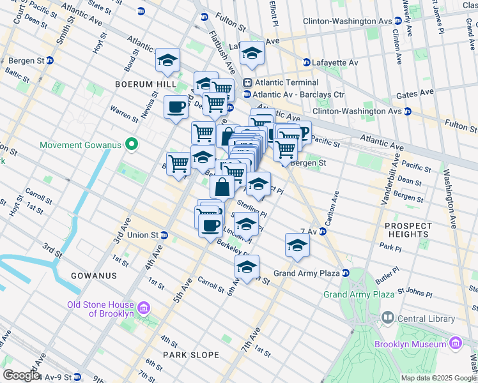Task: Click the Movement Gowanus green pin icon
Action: [132, 145]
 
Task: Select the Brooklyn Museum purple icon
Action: [456, 344]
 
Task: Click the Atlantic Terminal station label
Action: [286, 82]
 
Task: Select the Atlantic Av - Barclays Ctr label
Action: [298, 94]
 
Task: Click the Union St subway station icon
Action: [164, 235]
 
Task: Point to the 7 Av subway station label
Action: [309, 231]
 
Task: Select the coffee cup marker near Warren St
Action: [176, 107]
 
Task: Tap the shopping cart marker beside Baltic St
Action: [179, 163]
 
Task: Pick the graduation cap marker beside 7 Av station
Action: [297, 245]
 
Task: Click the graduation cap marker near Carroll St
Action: [247, 267]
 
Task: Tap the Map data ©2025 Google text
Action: [438, 378]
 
